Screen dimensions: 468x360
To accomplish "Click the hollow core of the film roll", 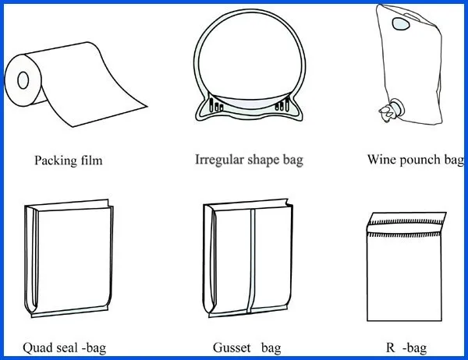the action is tap(23, 80).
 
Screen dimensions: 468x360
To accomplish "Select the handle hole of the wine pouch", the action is tap(401, 24).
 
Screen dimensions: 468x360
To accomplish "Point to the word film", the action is tap(91, 161).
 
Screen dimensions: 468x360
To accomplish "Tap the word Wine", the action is tap(381, 159).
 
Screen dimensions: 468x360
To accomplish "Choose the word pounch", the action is tap(420, 160).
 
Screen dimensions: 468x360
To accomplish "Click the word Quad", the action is tap(34, 348).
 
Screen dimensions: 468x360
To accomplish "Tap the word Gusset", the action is tap(232, 348).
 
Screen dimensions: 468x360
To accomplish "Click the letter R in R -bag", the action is tap(391, 348).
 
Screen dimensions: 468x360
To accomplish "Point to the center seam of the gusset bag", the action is tap(251, 260).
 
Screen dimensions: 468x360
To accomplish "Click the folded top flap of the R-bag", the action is tap(406, 223).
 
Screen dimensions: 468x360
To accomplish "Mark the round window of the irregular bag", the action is tap(250, 58).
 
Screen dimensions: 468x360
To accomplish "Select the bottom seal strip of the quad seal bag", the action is tap(69, 312).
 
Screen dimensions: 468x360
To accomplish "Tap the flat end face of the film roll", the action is tap(23, 80).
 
